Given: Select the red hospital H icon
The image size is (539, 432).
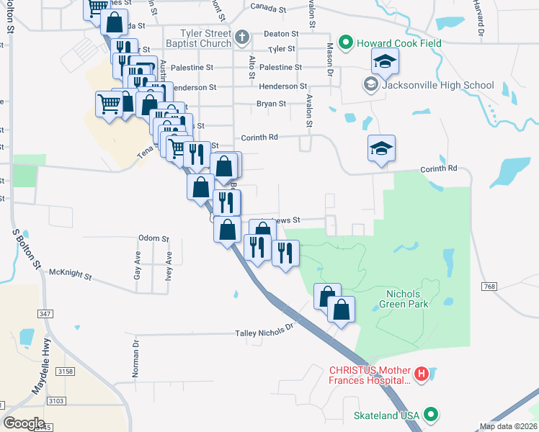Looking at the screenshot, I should (422, 374).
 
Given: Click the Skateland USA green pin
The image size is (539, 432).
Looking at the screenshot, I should (431, 415).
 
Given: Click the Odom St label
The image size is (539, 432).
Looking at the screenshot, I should (153, 238).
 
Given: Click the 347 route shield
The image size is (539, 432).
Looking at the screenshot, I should (45, 314).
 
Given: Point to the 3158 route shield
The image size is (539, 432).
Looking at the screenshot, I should (66, 371).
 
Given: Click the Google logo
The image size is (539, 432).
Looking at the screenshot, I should (24, 423).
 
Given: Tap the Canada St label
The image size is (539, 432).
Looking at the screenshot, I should (269, 6).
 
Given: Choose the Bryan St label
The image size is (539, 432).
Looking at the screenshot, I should (272, 104).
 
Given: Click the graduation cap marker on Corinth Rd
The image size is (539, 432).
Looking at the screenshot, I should (381, 149).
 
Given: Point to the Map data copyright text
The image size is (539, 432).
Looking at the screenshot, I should (508, 426).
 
